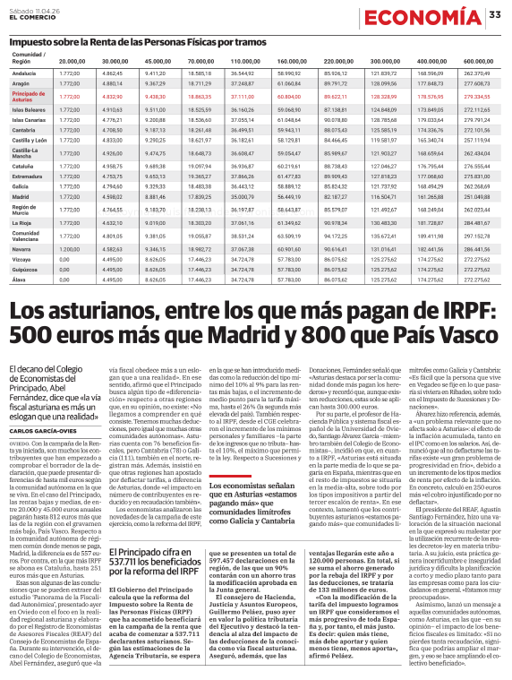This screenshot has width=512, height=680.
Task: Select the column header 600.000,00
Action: (x=477, y=60)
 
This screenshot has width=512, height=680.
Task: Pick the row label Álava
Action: (x=19, y=280)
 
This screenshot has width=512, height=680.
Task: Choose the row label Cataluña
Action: (x=23, y=166)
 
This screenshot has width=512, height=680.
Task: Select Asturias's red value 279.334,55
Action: (x=477, y=96)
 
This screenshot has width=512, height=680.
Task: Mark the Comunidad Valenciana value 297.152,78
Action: (x=477, y=237)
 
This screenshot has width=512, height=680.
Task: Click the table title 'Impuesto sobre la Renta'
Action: (x=107, y=41)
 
